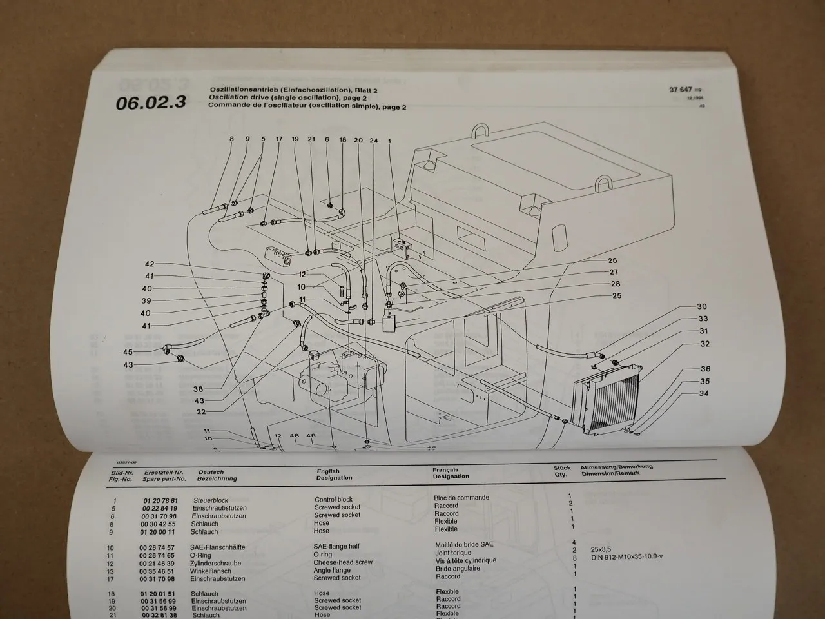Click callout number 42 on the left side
tap(150, 264)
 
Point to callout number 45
tap(128, 352)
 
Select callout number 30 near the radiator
tap(702, 307)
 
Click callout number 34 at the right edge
tap(704, 393)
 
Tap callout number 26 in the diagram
tap(612, 261)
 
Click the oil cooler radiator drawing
tap(606, 405)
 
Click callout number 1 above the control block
tap(389, 140)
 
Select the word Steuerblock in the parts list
tap(211, 500)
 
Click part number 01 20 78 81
tap(160, 500)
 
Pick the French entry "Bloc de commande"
tap(461, 498)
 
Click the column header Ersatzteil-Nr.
tap(164, 472)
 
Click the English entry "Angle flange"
tap(333, 570)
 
